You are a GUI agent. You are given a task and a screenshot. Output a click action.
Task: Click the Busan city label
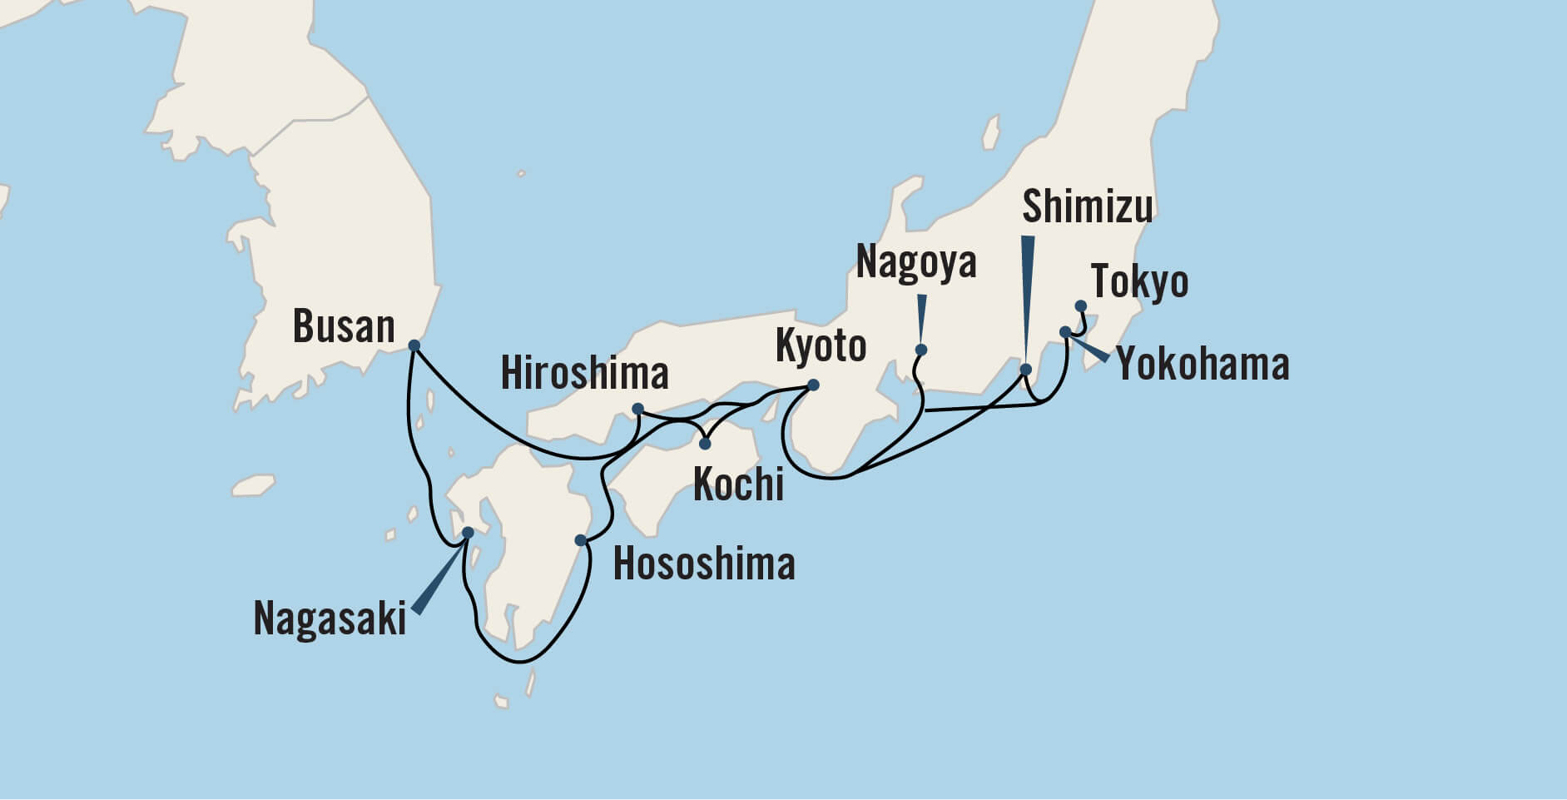pos(344,326)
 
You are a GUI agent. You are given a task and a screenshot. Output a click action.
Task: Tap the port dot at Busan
pos(414,345)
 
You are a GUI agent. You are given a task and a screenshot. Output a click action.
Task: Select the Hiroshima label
pos(584,374)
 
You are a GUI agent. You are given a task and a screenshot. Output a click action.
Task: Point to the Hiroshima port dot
pos(637,409)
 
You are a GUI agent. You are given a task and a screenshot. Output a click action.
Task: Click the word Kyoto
pos(821,345)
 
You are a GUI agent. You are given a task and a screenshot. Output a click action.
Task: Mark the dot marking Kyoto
pos(813,385)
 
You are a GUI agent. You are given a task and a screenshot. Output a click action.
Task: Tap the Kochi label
pos(738,484)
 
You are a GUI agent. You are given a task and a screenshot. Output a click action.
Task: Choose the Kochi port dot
pos(705,444)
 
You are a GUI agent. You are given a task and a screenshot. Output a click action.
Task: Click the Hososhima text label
pos(704,564)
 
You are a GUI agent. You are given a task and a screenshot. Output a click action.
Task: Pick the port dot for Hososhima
pos(581,541)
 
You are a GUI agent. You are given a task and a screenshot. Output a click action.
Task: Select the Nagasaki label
pos(330,619)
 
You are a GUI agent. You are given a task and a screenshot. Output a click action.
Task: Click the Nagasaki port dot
pos(468,532)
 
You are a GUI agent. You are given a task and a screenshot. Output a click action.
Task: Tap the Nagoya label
pos(915,263)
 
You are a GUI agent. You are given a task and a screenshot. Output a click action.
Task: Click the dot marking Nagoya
pos(921,350)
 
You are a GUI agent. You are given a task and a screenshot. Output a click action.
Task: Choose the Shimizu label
pos(1087,206)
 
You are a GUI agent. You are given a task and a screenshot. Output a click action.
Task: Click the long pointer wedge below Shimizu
pos(1028,291)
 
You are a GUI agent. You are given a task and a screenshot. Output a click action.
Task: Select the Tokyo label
pos(1139,281)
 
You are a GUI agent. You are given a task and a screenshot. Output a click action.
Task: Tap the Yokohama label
pos(1203,365)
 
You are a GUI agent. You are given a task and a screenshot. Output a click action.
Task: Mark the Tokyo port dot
pos(1081,306)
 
